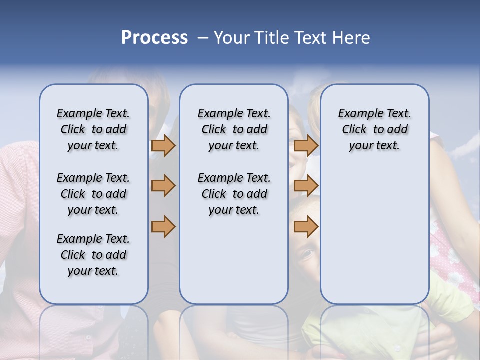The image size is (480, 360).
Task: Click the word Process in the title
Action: tap(154, 38)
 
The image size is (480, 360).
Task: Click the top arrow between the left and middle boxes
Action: tap(163, 145)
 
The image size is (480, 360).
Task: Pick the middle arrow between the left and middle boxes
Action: tap(163, 186)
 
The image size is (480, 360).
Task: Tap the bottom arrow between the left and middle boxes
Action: tap(163, 226)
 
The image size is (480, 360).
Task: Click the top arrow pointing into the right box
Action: tap(306, 145)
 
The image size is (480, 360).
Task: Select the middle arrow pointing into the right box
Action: tap(306, 186)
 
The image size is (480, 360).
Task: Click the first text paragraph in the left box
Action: tap(93, 129)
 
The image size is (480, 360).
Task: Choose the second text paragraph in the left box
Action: tap(93, 194)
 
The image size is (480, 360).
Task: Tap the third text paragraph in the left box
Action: tap(93, 255)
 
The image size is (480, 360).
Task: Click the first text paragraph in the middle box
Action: tap(234, 129)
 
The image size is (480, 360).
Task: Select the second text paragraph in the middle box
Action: tap(234, 194)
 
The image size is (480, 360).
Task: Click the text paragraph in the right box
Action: tap(374, 129)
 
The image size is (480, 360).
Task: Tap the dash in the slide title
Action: tap(203, 38)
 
